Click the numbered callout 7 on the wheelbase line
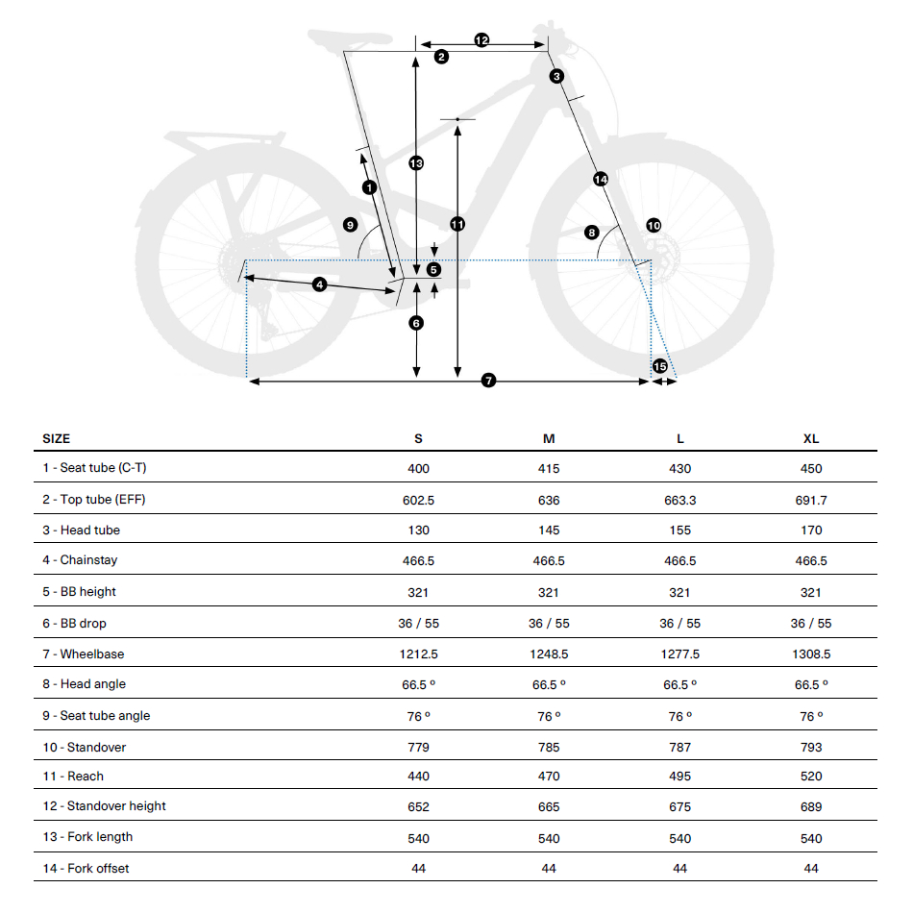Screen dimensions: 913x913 pos(488,382)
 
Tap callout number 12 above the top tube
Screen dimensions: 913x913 pos(481,40)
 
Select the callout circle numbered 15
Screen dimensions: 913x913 pos(659,366)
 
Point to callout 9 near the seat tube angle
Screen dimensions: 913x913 pos(350,225)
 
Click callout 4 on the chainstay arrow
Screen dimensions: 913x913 pos(319,284)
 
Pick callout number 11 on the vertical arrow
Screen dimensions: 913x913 pos(457,224)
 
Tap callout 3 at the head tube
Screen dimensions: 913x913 pos(556,76)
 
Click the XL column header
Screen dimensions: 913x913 pos(811,438)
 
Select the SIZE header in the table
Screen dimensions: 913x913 pos(57,438)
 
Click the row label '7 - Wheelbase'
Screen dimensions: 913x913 pos(91,654)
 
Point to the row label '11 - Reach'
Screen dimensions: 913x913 pos(81,776)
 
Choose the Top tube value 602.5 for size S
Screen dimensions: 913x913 pos(418,500)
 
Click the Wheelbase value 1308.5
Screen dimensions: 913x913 pos(811,654)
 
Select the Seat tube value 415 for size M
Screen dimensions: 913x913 pos(549,469)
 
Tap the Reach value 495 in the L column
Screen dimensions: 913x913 pos(679,776)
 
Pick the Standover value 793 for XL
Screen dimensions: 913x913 pos(811,747)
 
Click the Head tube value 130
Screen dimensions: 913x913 pos(418,530)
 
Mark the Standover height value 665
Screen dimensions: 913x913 pos(549,806)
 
